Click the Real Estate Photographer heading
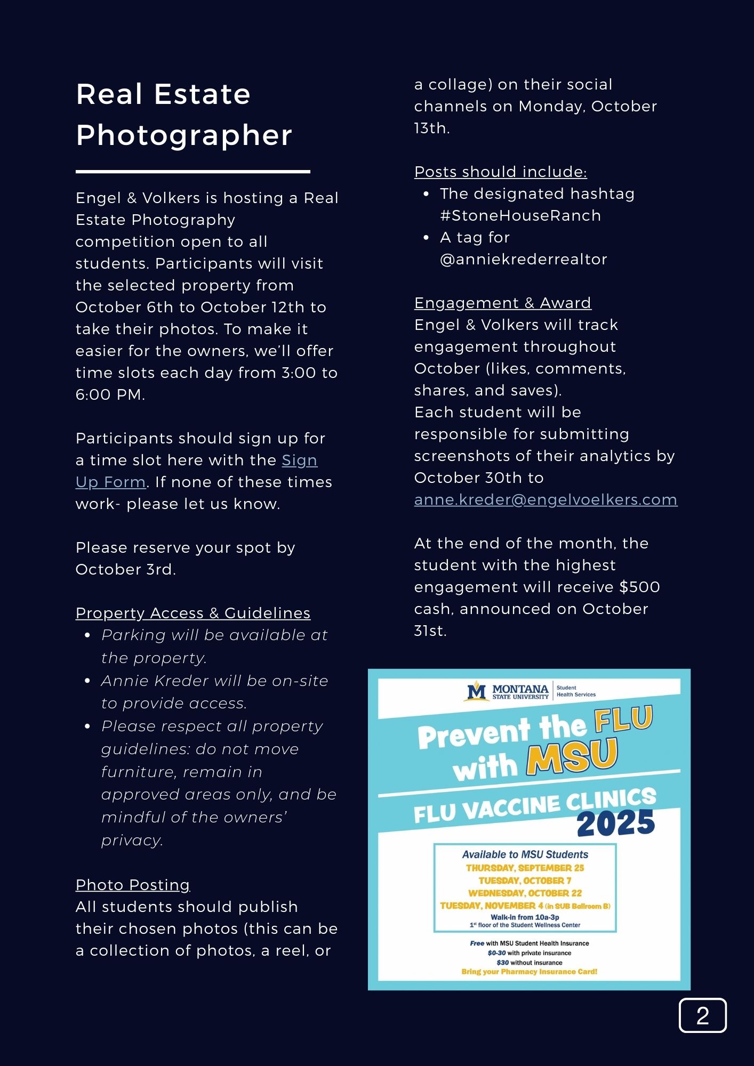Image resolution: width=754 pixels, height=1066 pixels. click(x=184, y=114)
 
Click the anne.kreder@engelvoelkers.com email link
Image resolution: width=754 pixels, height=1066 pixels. click(x=546, y=499)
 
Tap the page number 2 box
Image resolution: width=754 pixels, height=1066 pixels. click(x=702, y=1015)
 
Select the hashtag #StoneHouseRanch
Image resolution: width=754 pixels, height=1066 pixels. click(x=520, y=215)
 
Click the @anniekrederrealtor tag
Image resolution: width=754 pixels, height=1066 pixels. click(x=523, y=259)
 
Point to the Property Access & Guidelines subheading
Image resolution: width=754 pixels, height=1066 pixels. click(x=192, y=613)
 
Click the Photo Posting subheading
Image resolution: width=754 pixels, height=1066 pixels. click(x=133, y=885)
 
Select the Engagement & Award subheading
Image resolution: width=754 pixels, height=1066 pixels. click(x=502, y=303)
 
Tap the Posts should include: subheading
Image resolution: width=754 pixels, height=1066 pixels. click(x=500, y=172)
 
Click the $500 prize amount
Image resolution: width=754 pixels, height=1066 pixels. click(x=639, y=587)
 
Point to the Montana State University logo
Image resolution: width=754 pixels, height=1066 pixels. click(x=507, y=691)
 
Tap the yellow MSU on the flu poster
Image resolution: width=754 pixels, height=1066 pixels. click(x=572, y=756)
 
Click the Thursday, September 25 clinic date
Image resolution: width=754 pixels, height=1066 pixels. click(x=525, y=868)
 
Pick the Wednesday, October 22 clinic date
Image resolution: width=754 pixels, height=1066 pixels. click(x=525, y=893)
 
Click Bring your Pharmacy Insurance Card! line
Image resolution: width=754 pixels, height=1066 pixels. click(x=529, y=972)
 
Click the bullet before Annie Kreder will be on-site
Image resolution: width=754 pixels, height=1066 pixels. click(x=87, y=681)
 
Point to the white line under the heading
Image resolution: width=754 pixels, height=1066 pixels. click(x=192, y=172)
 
